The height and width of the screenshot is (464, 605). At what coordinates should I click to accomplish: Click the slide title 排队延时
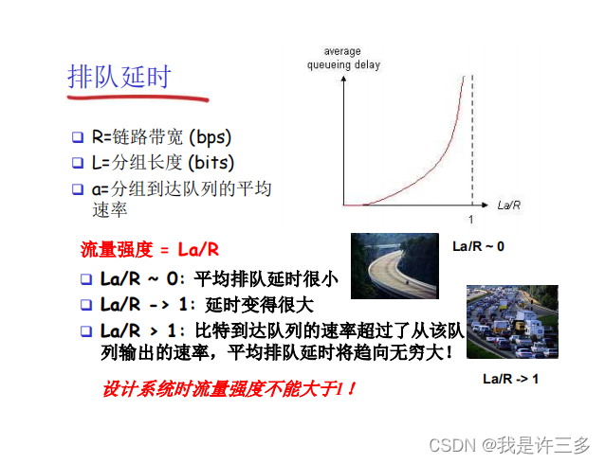[119, 77]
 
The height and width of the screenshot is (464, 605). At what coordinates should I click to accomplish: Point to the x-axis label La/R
[508, 205]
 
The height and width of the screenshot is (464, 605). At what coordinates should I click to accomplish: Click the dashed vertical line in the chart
[471, 142]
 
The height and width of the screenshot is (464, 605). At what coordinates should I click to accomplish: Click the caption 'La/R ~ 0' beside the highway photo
[478, 246]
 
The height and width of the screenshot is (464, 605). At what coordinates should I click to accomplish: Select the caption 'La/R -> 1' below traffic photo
[510, 379]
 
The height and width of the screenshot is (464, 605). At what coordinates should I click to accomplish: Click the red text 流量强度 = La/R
[150, 250]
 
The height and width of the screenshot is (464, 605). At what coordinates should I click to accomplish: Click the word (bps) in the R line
[208, 137]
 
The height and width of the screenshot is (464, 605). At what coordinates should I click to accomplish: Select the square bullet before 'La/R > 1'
[86, 331]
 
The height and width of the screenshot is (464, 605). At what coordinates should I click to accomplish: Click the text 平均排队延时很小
[266, 278]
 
